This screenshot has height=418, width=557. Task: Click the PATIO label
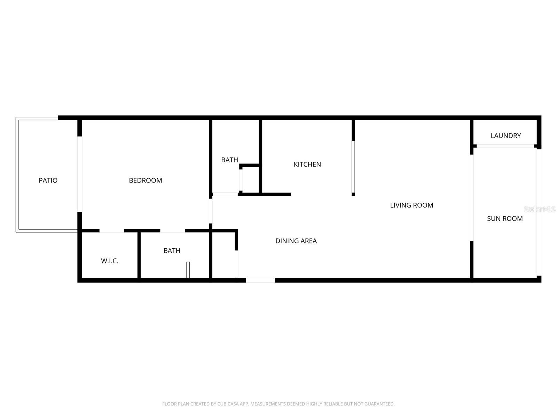[x=48, y=180]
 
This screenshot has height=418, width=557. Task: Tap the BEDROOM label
[x=146, y=180]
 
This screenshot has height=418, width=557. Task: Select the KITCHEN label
[x=307, y=164]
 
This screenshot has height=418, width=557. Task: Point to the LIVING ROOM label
[x=411, y=205]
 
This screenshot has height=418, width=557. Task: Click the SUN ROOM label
[x=504, y=219]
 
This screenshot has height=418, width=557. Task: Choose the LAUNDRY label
[x=505, y=136]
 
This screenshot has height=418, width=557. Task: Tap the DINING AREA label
[x=296, y=241]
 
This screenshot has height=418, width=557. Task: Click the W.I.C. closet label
[x=110, y=261]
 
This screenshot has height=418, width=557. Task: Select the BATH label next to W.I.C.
[x=172, y=251]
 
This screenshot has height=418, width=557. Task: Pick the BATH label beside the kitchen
[x=229, y=160]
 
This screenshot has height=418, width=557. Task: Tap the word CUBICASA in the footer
[x=228, y=404]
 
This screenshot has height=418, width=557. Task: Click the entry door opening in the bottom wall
[x=260, y=280]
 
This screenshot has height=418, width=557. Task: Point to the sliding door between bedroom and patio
[x=80, y=174]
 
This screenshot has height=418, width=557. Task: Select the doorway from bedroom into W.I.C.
[x=112, y=231]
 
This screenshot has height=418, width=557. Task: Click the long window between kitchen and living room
[x=353, y=167]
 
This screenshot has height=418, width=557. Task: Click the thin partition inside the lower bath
[x=188, y=270]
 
